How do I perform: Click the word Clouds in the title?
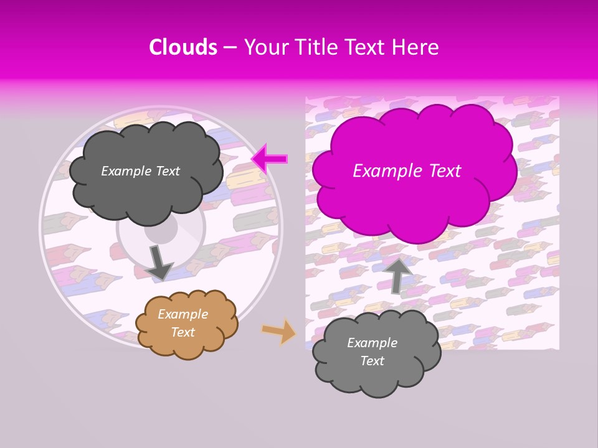click(183, 47)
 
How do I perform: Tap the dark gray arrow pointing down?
click(159, 262)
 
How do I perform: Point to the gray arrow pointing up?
click(397, 274)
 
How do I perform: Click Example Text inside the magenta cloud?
click(407, 171)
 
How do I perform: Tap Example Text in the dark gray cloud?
click(140, 171)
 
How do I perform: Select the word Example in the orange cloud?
click(183, 315)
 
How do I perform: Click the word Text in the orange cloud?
click(183, 332)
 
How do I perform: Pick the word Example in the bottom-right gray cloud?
click(372, 343)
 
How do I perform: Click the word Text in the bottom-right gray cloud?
click(372, 361)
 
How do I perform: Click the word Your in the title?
click(263, 47)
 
